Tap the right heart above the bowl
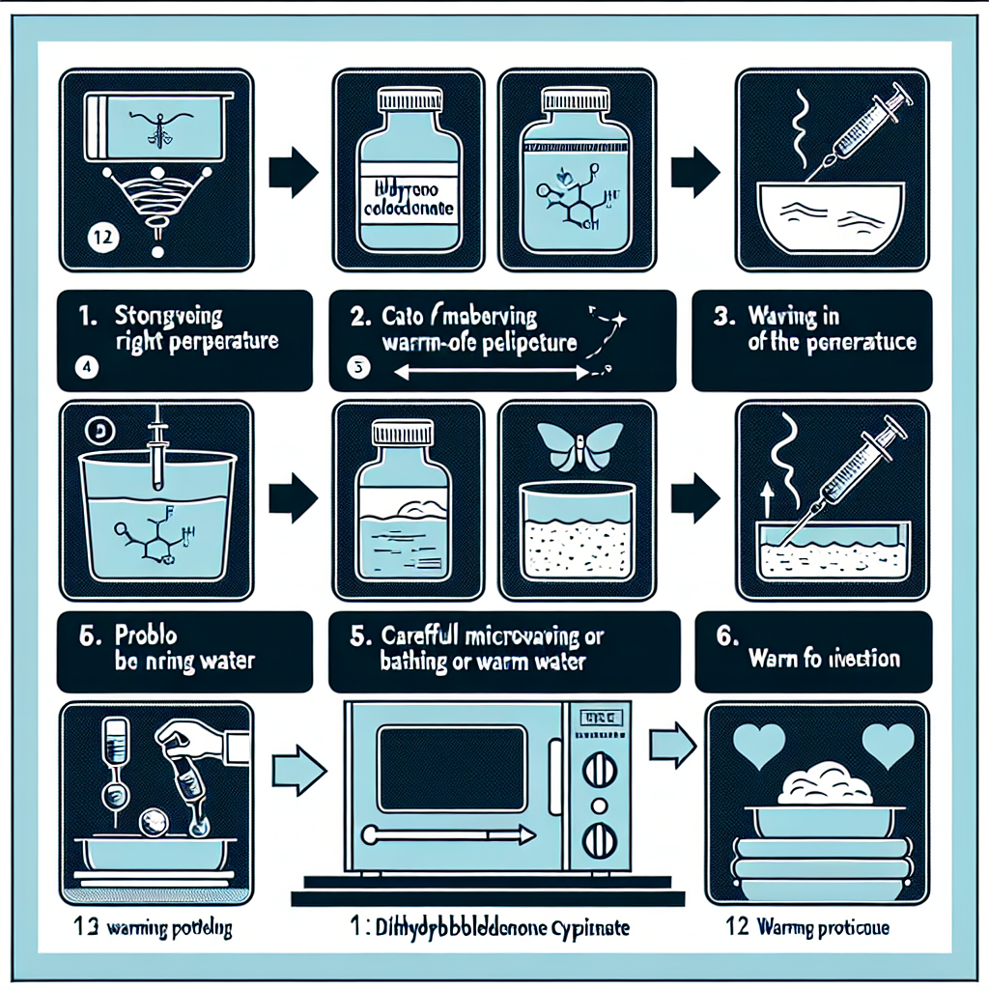click(x=886, y=746)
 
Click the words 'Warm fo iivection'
click(x=824, y=660)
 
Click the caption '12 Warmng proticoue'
click(x=807, y=929)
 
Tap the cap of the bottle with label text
click(x=407, y=100)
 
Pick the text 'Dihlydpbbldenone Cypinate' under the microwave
click(x=489, y=929)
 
